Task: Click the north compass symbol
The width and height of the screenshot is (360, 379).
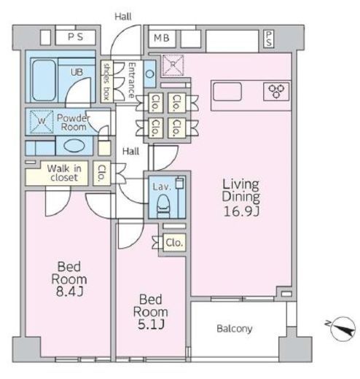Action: coord(343,329)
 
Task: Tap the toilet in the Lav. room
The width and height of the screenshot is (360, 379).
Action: coord(163,206)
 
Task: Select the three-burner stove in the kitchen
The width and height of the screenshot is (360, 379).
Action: coord(276,91)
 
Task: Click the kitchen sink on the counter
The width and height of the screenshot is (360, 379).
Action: coord(227,92)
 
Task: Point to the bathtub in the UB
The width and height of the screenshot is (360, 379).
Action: coord(44,80)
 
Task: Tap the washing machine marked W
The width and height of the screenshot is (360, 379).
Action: coord(42,122)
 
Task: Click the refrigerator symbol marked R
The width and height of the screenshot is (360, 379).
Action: coord(173,65)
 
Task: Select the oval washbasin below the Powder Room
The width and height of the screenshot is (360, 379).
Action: coord(74,146)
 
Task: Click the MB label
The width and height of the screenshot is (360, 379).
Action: coord(162,38)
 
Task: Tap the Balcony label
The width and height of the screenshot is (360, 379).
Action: coord(235,329)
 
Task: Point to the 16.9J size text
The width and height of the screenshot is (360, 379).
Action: coord(241,211)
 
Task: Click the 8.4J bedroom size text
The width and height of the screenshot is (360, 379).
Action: coord(70,292)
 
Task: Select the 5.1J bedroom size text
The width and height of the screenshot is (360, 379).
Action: coord(151,324)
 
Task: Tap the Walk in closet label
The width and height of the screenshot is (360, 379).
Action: coord(64,173)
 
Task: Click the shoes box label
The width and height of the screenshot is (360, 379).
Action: coord(106,82)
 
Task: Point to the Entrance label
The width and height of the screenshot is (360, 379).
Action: coord(132,80)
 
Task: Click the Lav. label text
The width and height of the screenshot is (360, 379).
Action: coord(162,187)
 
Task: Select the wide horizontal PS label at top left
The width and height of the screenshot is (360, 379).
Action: coord(75,37)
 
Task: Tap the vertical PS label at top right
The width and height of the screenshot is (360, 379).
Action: coord(268,39)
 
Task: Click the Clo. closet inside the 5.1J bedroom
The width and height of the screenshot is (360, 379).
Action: coord(174,243)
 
